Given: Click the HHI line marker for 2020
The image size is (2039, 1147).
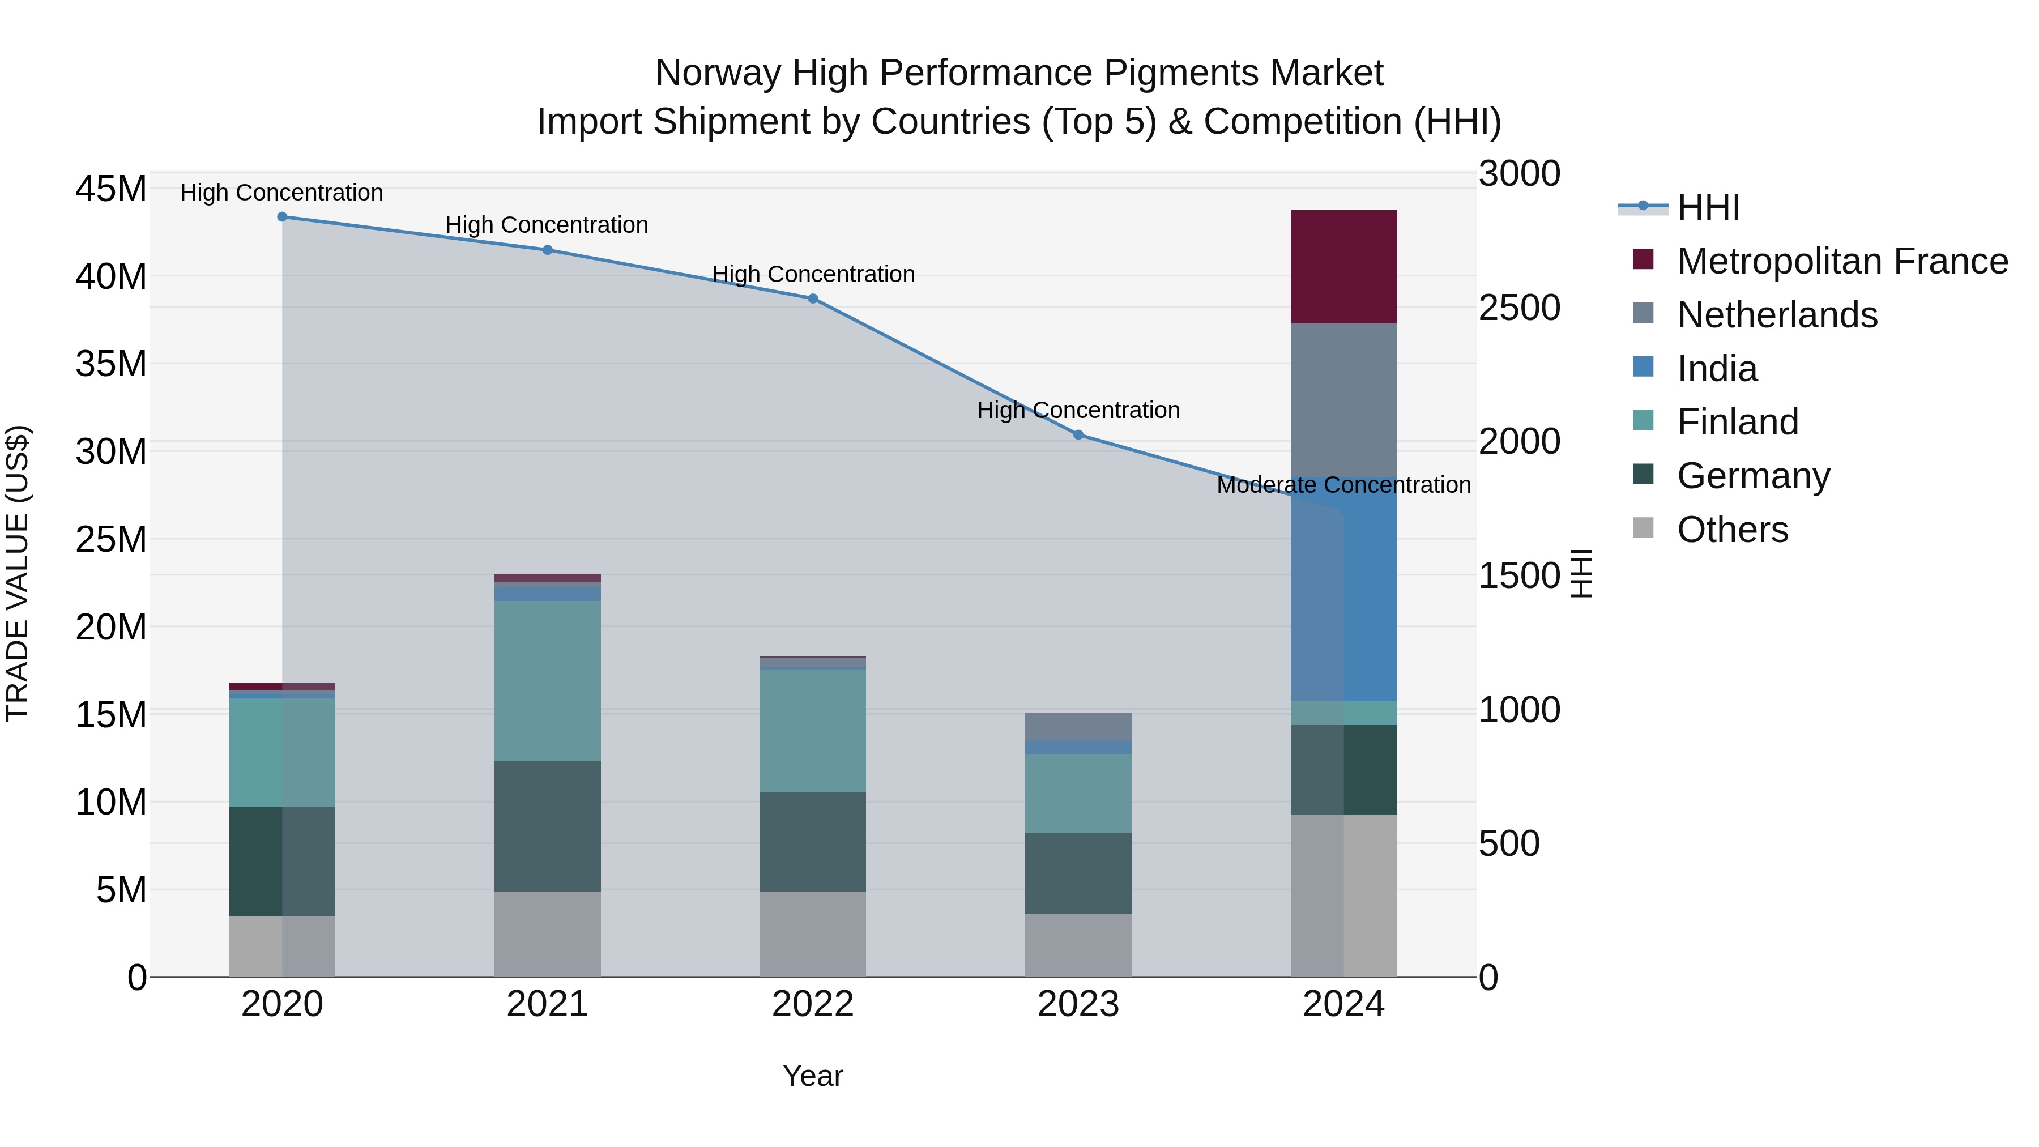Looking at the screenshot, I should tap(282, 217).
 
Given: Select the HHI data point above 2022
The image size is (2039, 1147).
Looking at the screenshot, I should tap(813, 299).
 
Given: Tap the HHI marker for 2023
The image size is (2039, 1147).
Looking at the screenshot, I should tap(1078, 434).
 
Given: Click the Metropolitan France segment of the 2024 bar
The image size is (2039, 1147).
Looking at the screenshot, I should tap(1343, 266).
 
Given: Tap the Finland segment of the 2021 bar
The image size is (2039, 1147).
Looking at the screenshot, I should tap(547, 681).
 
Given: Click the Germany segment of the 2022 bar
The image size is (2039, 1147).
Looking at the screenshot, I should tap(813, 842).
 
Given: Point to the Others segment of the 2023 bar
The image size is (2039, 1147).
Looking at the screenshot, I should tap(1078, 945).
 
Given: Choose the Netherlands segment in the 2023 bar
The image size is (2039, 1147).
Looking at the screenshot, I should tap(1078, 726).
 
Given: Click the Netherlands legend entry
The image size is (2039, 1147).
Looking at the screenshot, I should tap(1777, 315).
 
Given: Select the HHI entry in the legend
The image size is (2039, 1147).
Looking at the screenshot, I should tap(1708, 207).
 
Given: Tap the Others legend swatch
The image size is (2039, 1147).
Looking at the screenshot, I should tap(1643, 528).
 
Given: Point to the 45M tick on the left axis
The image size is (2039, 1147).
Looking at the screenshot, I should tap(111, 189).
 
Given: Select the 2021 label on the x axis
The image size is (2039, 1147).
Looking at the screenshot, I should tap(547, 1004).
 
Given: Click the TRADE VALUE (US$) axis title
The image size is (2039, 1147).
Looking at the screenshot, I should tap(18, 573).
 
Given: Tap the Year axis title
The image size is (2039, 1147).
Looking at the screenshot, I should tap(813, 1076).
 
